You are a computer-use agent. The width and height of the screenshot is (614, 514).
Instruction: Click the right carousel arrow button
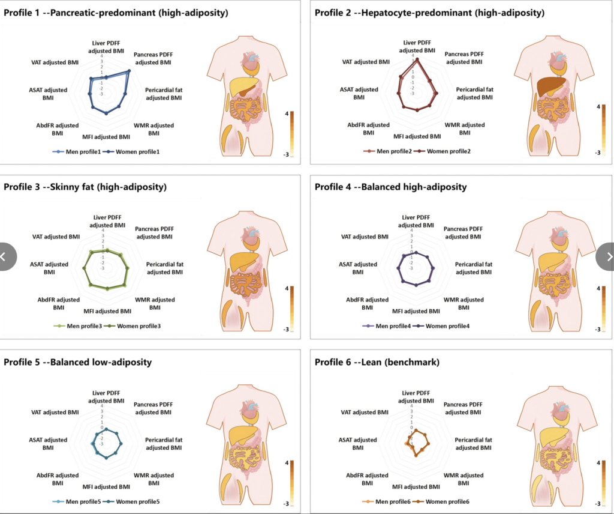(608, 257)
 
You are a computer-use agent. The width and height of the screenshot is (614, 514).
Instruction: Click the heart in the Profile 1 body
(251, 60)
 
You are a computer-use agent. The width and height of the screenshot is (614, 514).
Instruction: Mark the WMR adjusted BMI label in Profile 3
(155, 303)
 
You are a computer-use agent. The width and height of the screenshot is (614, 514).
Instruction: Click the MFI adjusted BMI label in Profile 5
(106, 486)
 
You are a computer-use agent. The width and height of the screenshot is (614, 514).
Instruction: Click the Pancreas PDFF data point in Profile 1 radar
(129, 71)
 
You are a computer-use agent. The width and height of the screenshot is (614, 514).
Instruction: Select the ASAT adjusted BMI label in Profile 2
(359, 93)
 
